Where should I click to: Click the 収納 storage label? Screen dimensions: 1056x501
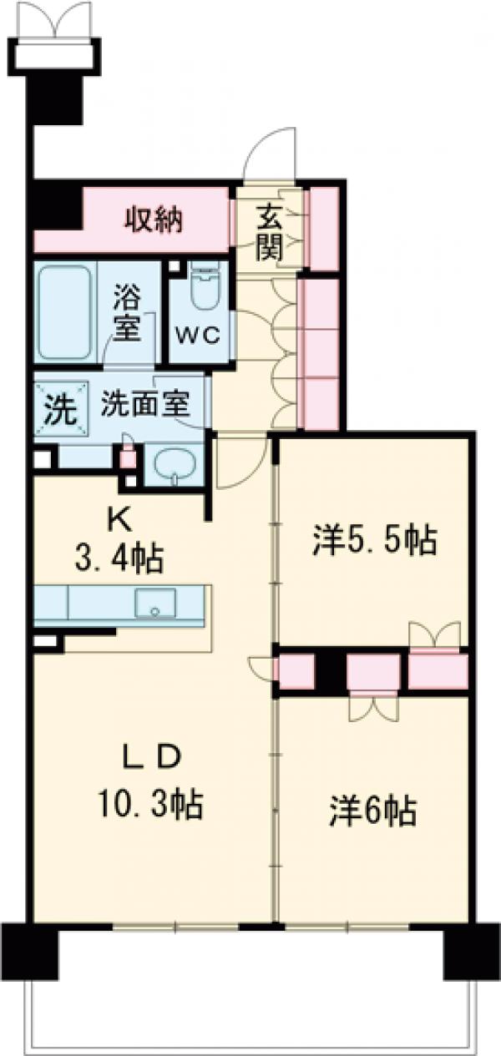pyautogui.click(x=155, y=220)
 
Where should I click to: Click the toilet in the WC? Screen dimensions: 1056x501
pyautogui.click(x=202, y=289)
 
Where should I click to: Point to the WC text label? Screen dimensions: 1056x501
pyautogui.click(x=197, y=336)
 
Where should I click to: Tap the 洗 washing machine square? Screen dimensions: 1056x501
pyautogui.click(x=58, y=410)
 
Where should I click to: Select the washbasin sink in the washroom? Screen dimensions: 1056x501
pyautogui.click(x=174, y=464)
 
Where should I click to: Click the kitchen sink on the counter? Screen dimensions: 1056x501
pyautogui.click(x=154, y=603)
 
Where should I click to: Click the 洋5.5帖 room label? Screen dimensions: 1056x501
pyautogui.click(x=374, y=542)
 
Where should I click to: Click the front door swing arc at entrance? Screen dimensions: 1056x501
pyautogui.click(x=267, y=154)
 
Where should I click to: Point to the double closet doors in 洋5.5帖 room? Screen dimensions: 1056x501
pyautogui.click(x=434, y=634)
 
